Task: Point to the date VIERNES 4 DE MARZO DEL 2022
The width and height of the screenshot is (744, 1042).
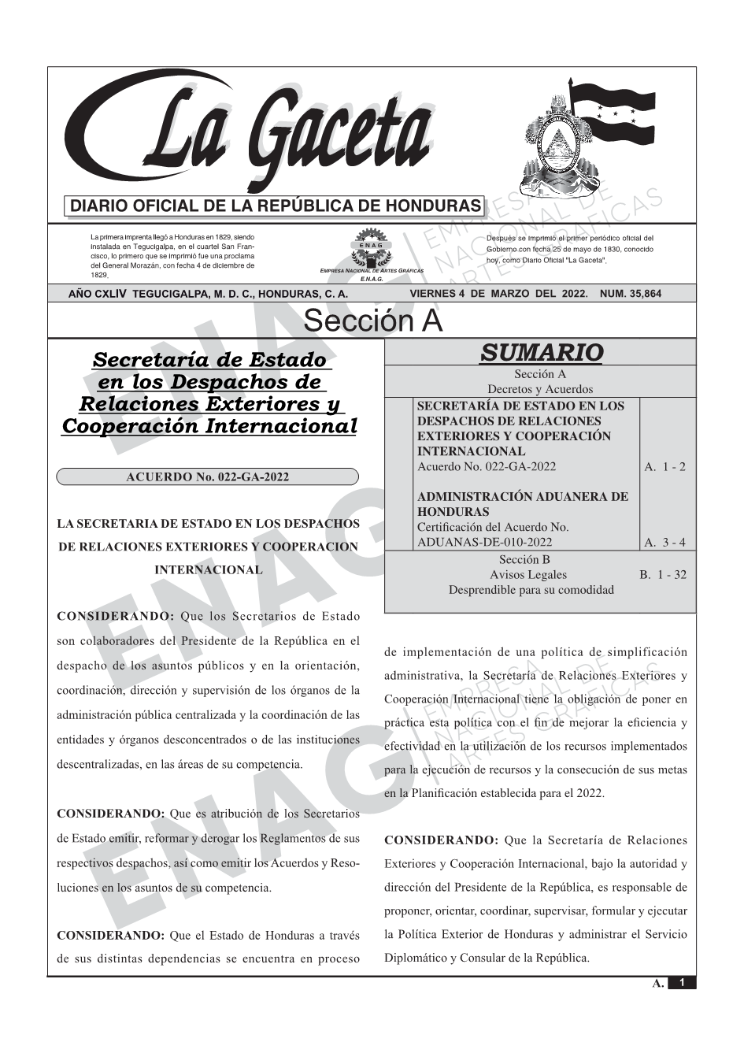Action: coord(499,294)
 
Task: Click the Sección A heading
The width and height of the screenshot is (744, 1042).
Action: coord(372,321)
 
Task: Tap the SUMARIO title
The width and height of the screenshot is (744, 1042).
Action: coord(541,352)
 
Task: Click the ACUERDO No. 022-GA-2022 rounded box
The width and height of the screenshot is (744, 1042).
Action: coord(208,477)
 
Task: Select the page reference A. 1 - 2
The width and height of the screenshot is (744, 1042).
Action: coord(664,466)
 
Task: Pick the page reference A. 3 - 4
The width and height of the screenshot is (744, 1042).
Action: coord(664,542)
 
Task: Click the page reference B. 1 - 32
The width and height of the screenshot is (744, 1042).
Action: coord(662,574)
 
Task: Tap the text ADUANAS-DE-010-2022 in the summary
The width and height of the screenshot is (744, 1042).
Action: coord(484,542)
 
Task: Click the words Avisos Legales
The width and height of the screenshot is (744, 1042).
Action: coord(527,574)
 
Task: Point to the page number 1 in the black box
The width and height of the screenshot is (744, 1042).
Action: coord(682,982)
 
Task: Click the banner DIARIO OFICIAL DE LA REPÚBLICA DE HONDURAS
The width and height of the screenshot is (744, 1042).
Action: coord(276,206)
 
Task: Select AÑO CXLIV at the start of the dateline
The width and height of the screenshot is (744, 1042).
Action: coord(98,294)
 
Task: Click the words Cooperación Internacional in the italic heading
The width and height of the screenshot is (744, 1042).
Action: coord(209,426)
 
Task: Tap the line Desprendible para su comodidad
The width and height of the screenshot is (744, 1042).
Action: coord(531,589)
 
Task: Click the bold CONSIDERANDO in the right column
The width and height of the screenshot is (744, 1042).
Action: coord(441,840)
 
